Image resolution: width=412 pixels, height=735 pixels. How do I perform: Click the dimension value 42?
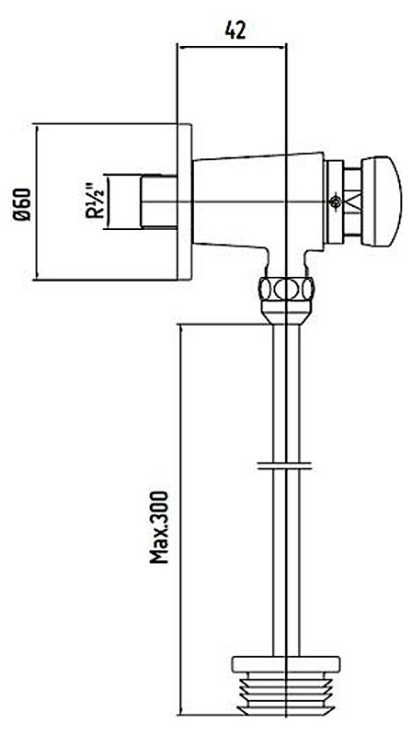pos(235,30)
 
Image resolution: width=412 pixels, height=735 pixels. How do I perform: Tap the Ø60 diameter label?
pos(22,204)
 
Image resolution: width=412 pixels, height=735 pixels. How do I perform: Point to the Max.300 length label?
pos(159,527)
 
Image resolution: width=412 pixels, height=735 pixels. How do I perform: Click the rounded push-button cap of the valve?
pos(382,201)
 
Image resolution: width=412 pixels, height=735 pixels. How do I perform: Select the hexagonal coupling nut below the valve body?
pos(286,288)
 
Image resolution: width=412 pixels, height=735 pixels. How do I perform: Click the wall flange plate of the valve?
pos(184,202)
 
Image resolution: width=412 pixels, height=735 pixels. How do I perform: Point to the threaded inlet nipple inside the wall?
pos(158,202)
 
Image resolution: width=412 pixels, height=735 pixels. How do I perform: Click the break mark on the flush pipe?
pos(284,465)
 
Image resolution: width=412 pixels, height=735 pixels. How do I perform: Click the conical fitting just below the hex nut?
pos(286,312)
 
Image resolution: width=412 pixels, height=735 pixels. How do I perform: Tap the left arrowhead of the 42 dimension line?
pos(181,46)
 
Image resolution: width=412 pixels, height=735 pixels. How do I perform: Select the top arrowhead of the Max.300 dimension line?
pos(181,327)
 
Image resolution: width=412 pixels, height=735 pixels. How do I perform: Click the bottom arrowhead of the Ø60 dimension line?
pos(36,276)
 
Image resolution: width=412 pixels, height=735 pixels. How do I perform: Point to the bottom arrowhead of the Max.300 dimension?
pos(181,711)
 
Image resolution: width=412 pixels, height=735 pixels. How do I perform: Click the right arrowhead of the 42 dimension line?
pos(281,46)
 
